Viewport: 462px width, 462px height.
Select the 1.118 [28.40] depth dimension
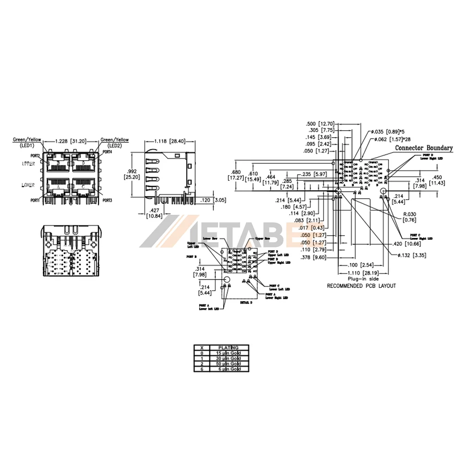(x=170, y=141)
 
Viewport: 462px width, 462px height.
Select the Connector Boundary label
(x=424, y=148)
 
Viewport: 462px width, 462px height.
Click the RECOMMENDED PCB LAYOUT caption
(x=361, y=286)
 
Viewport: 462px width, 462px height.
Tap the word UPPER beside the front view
(x=28, y=164)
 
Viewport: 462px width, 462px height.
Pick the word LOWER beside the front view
(x=28, y=184)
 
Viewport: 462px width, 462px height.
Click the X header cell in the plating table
(x=201, y=347)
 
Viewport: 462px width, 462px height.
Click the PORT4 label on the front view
(x=107, y=152)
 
